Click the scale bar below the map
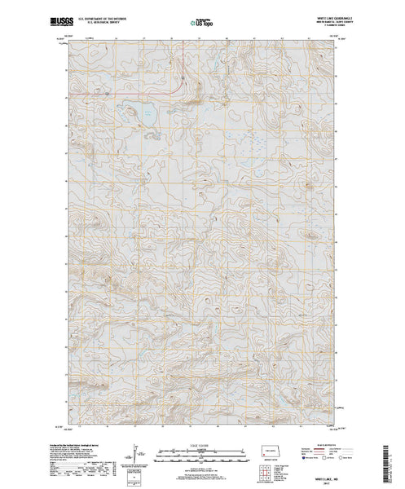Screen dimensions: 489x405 pyautogui.click(x=201, y=450)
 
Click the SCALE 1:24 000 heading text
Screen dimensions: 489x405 pyautogui.click(x=201, y=441)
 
